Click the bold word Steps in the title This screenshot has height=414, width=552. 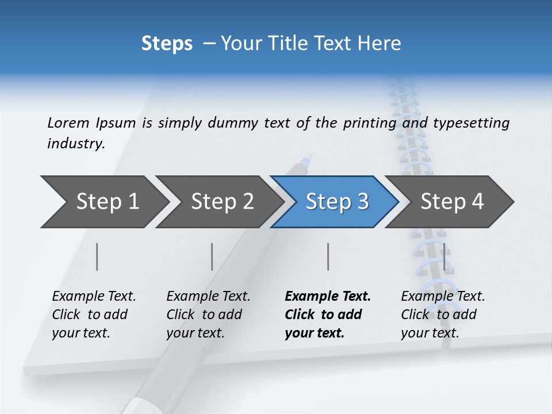pos(167,44)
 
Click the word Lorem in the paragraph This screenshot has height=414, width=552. pos(68,122)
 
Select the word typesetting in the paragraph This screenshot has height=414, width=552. pos(471,123)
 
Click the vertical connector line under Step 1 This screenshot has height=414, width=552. pos(97,256)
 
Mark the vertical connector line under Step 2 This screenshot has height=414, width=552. pos(212,256)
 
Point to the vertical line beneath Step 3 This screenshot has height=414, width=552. pos(328,256)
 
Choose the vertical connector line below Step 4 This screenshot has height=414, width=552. pos(443,256)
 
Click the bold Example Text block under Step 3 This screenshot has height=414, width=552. pos(327,315)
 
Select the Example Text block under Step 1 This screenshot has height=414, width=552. pos(94,315)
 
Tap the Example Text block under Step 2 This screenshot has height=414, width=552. pos(208,315)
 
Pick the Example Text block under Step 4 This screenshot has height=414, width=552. pos(443,315)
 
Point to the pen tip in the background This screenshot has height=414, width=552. pos(311,155)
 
